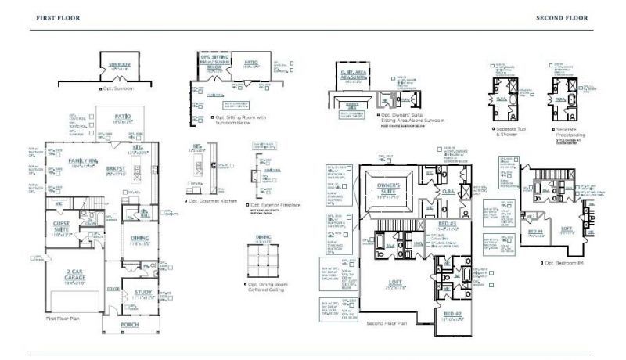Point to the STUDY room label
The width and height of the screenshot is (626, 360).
(143, 293)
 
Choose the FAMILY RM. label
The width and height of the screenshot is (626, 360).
(83, 160)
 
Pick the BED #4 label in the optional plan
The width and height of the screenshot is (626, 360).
(535, 232)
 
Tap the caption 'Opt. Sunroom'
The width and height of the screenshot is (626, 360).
(118, 88)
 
